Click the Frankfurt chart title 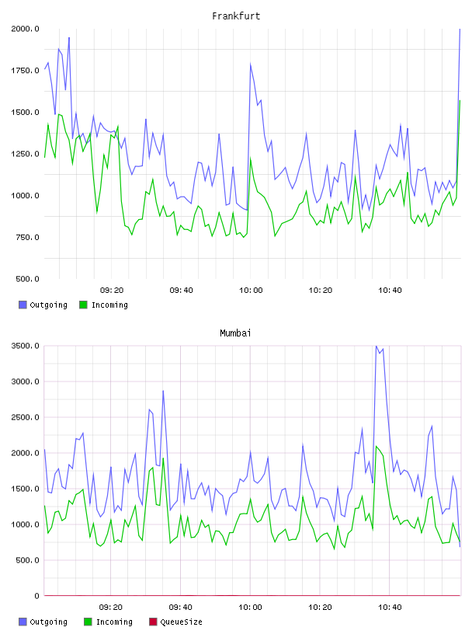pyautogui.click(x=236, y=16)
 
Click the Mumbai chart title pyautogui.click(x=235, y=333)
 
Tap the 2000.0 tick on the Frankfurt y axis pyautogui.click(x=25, y=29)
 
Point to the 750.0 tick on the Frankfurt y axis pyautogui.click(x=27, y=237)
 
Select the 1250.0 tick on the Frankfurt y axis pyautogui.click(x=25, y=154)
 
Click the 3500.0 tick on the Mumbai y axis pyautogui.click(x=25, y=346)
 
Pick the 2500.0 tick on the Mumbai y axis pyautogui.click(x=25, y=417)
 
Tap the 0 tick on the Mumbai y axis pyautogui.click(x=36, y=596)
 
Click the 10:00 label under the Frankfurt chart pyautogui.click(x=251, y=291)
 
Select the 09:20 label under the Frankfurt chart pyautogui.click(x=112, y=291)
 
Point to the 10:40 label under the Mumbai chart pyautogui.click(x=390, y=608)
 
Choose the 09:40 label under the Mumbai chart pyautogui.click(x=181, y=608)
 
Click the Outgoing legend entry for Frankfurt pyautogui.click(x=43, y=305)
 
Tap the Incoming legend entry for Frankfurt pyautogui.click(x=103, y=305)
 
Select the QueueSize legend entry pyautogui.click(x=175, y=622)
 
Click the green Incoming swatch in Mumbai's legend pyautogui.click(x=88, y=622)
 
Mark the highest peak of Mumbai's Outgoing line pyautogui.click(x=377, y=346)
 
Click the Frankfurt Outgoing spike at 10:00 pyautogui.click(x=251, y=64)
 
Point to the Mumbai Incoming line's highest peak pyautogui.click(x=377, y=447)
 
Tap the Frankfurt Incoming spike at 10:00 pyautogui.click(x=251, y=158)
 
